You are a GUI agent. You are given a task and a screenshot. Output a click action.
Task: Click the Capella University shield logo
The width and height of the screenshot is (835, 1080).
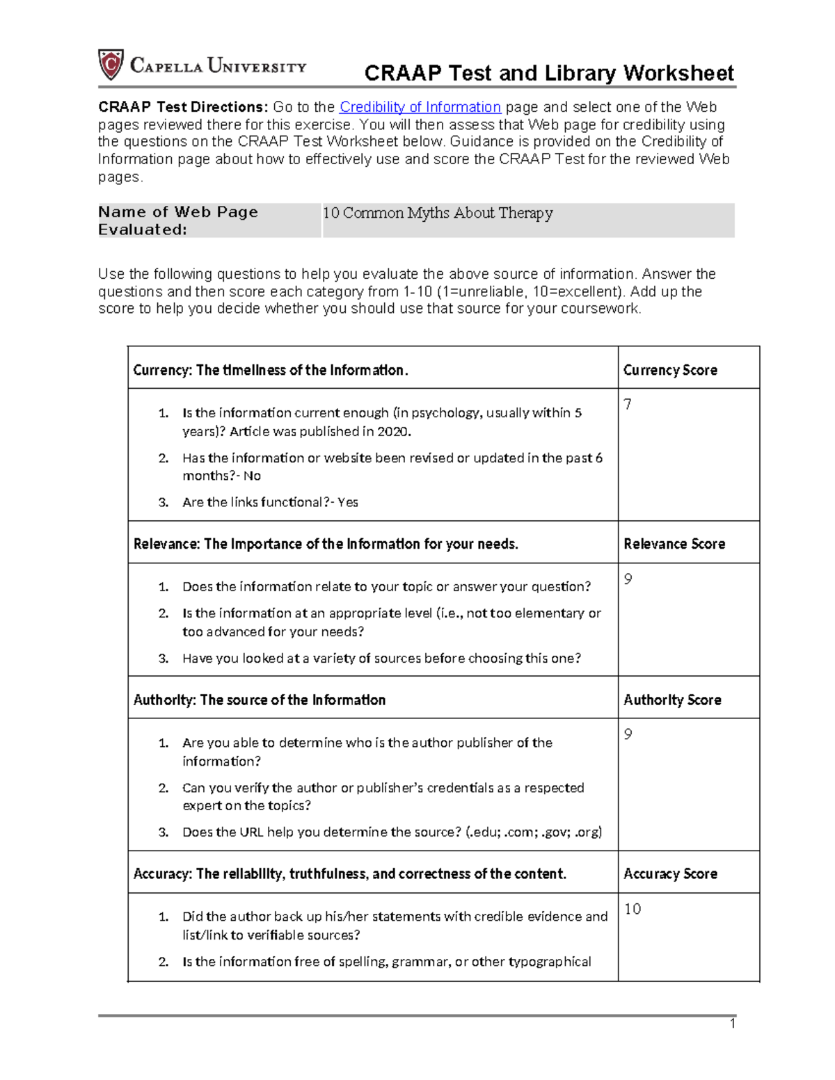pos(111,65)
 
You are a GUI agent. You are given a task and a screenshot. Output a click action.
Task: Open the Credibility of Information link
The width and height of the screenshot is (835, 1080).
pos(420,107)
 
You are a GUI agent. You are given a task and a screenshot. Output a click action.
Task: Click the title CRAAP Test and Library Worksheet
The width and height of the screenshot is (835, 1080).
pos(549,73)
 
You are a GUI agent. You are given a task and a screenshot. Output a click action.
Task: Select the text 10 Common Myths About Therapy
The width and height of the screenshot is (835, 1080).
pos(438,213)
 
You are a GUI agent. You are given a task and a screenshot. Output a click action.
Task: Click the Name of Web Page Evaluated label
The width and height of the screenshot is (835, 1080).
pos(178,220)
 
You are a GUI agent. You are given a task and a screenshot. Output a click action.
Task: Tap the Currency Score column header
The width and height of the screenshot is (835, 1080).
pos(670,370)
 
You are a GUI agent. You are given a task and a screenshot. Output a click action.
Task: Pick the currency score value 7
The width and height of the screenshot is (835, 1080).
pos(628,405)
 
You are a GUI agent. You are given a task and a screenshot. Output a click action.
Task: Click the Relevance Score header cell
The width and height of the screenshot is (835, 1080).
pos(674,544)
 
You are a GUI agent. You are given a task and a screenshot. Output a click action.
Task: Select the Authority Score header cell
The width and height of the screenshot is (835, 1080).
pos(672,700)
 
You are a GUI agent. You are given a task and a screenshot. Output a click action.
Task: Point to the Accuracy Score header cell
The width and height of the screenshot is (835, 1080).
pos(670,873)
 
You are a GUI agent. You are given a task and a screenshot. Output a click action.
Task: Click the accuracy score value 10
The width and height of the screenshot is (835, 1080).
pos(633,909)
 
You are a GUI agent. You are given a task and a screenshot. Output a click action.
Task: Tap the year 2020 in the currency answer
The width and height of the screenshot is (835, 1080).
pos(392,431)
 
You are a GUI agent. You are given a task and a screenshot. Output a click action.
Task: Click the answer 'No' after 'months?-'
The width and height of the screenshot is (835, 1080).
pos(252,476)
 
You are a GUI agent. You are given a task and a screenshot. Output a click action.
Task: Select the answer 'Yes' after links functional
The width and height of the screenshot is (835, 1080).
pos(347,502)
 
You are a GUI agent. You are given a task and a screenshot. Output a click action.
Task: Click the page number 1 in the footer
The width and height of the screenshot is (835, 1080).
pos(732,1023)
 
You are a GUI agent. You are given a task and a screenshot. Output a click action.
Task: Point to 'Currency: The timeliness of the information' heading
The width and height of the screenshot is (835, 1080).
pos(271,370)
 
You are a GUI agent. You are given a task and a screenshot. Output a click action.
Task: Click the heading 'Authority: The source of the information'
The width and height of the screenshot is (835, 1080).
pos(260,700)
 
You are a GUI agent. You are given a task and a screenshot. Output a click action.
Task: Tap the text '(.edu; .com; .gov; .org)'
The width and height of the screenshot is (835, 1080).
pos(534,832)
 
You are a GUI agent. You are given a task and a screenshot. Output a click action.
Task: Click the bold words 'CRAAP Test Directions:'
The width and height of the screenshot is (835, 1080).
pos(182,107)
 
